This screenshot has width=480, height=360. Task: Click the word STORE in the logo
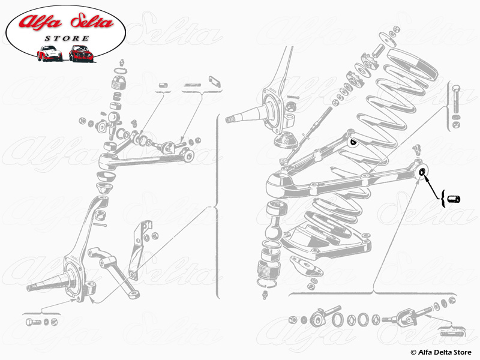click(x=67, y=38)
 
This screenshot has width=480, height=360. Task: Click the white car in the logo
click(x=50, y=53)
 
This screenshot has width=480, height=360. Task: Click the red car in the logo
click(x=81, y=53)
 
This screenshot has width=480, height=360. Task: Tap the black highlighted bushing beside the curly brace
click(x=454, y=199)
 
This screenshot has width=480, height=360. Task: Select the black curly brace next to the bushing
click(x=443, y=199)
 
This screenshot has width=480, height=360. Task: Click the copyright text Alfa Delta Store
click(x=441, y=352)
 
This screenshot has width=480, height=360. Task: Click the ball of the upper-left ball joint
click(x=114, y=117)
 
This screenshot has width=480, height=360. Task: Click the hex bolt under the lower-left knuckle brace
click(x=34, y=322)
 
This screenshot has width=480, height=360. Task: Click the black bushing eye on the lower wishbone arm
click(x=422, y=172)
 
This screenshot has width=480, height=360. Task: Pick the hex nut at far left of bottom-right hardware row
click(x=293, y=320)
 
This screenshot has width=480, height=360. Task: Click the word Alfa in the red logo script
click(x=40, y=22)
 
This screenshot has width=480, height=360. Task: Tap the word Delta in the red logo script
click(x=92, y=22)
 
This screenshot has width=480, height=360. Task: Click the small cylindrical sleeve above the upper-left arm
click(x=163, y=85)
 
